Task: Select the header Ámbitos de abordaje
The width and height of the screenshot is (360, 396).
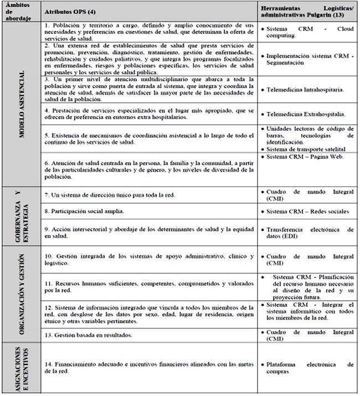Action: (x=16, y=12)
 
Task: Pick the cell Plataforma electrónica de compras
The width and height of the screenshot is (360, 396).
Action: (x=307, y=368)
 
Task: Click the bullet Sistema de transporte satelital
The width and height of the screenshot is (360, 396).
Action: (x=307, y=149)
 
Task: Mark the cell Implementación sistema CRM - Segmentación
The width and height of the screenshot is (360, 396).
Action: (x=307, y=59)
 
